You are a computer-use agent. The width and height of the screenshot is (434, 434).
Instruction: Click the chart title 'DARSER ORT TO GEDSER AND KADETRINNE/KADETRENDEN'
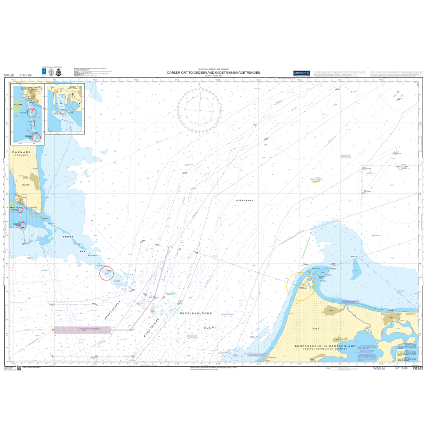click(x=214, y=72)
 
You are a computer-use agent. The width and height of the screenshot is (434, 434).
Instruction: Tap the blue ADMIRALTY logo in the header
click(x=301, y=73)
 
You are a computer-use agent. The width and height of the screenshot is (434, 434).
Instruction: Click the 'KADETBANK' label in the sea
click(x=245, y=201)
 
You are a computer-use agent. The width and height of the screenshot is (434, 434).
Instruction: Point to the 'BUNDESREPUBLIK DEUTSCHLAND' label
click(x=324, y=346)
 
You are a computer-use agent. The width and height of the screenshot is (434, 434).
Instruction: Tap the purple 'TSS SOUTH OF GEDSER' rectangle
click(x=82, y=329)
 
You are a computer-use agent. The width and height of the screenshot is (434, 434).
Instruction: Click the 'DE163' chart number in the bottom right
click(x=418, y=368)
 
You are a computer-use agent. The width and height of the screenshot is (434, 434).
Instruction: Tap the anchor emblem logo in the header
click(x=58, y=72)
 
